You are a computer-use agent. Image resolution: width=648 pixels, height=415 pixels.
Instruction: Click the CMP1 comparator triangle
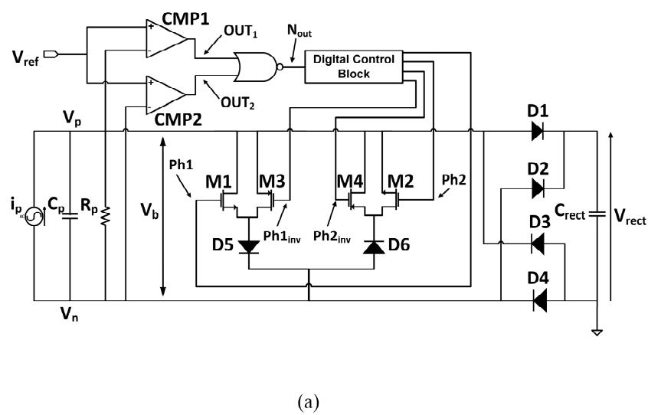click(165, 40)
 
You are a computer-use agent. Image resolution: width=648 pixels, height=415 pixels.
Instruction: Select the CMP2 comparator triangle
click(165, 96)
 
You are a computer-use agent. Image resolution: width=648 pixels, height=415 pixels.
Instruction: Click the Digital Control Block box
click(354, 67)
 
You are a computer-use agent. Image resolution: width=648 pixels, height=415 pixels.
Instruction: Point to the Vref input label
click(25, 57)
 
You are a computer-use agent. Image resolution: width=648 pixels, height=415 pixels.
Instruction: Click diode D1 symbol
click(537, 132)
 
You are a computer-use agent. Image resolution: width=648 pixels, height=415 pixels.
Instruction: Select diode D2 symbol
click(537, 188)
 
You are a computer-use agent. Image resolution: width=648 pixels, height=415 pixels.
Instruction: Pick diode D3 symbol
click(537, 243)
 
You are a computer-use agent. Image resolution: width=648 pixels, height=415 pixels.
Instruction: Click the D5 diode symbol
click(249, 247)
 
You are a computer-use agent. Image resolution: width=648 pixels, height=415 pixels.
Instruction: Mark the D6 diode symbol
click(374, 247)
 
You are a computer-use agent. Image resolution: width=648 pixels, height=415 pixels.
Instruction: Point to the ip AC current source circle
click(34, 217)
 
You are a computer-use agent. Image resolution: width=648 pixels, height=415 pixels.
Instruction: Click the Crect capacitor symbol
click(597, 214)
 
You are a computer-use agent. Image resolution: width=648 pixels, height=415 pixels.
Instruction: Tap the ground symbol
click(597, 332)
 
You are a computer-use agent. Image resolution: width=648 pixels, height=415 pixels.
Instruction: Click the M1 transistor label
click(218, 181)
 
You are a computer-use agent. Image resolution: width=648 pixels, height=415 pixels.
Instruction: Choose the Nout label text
click(299, 30)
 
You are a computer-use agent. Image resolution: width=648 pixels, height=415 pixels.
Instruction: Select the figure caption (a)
click(308, 401)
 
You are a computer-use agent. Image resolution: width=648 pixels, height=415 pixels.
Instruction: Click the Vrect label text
click(630, 217)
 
